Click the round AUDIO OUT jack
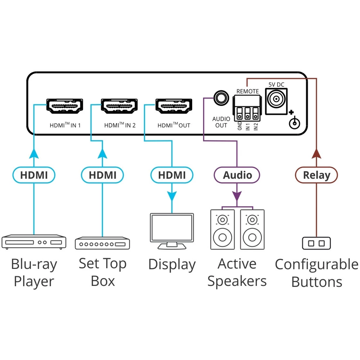pos(220,97)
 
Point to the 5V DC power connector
pos(276,99)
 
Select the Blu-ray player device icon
pos(34,242)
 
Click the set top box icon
pos(102,243)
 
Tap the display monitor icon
pos(172,230)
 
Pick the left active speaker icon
pos(222,229)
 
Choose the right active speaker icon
pos(252,229)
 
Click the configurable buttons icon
pos(316,243)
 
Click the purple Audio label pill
pos(237,175)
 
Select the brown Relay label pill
pos(316,175)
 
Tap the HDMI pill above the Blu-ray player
pos(34,175)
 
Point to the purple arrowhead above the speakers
pos(237,196)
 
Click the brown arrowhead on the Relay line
pos(316,154)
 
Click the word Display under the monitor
pos(172,265)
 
